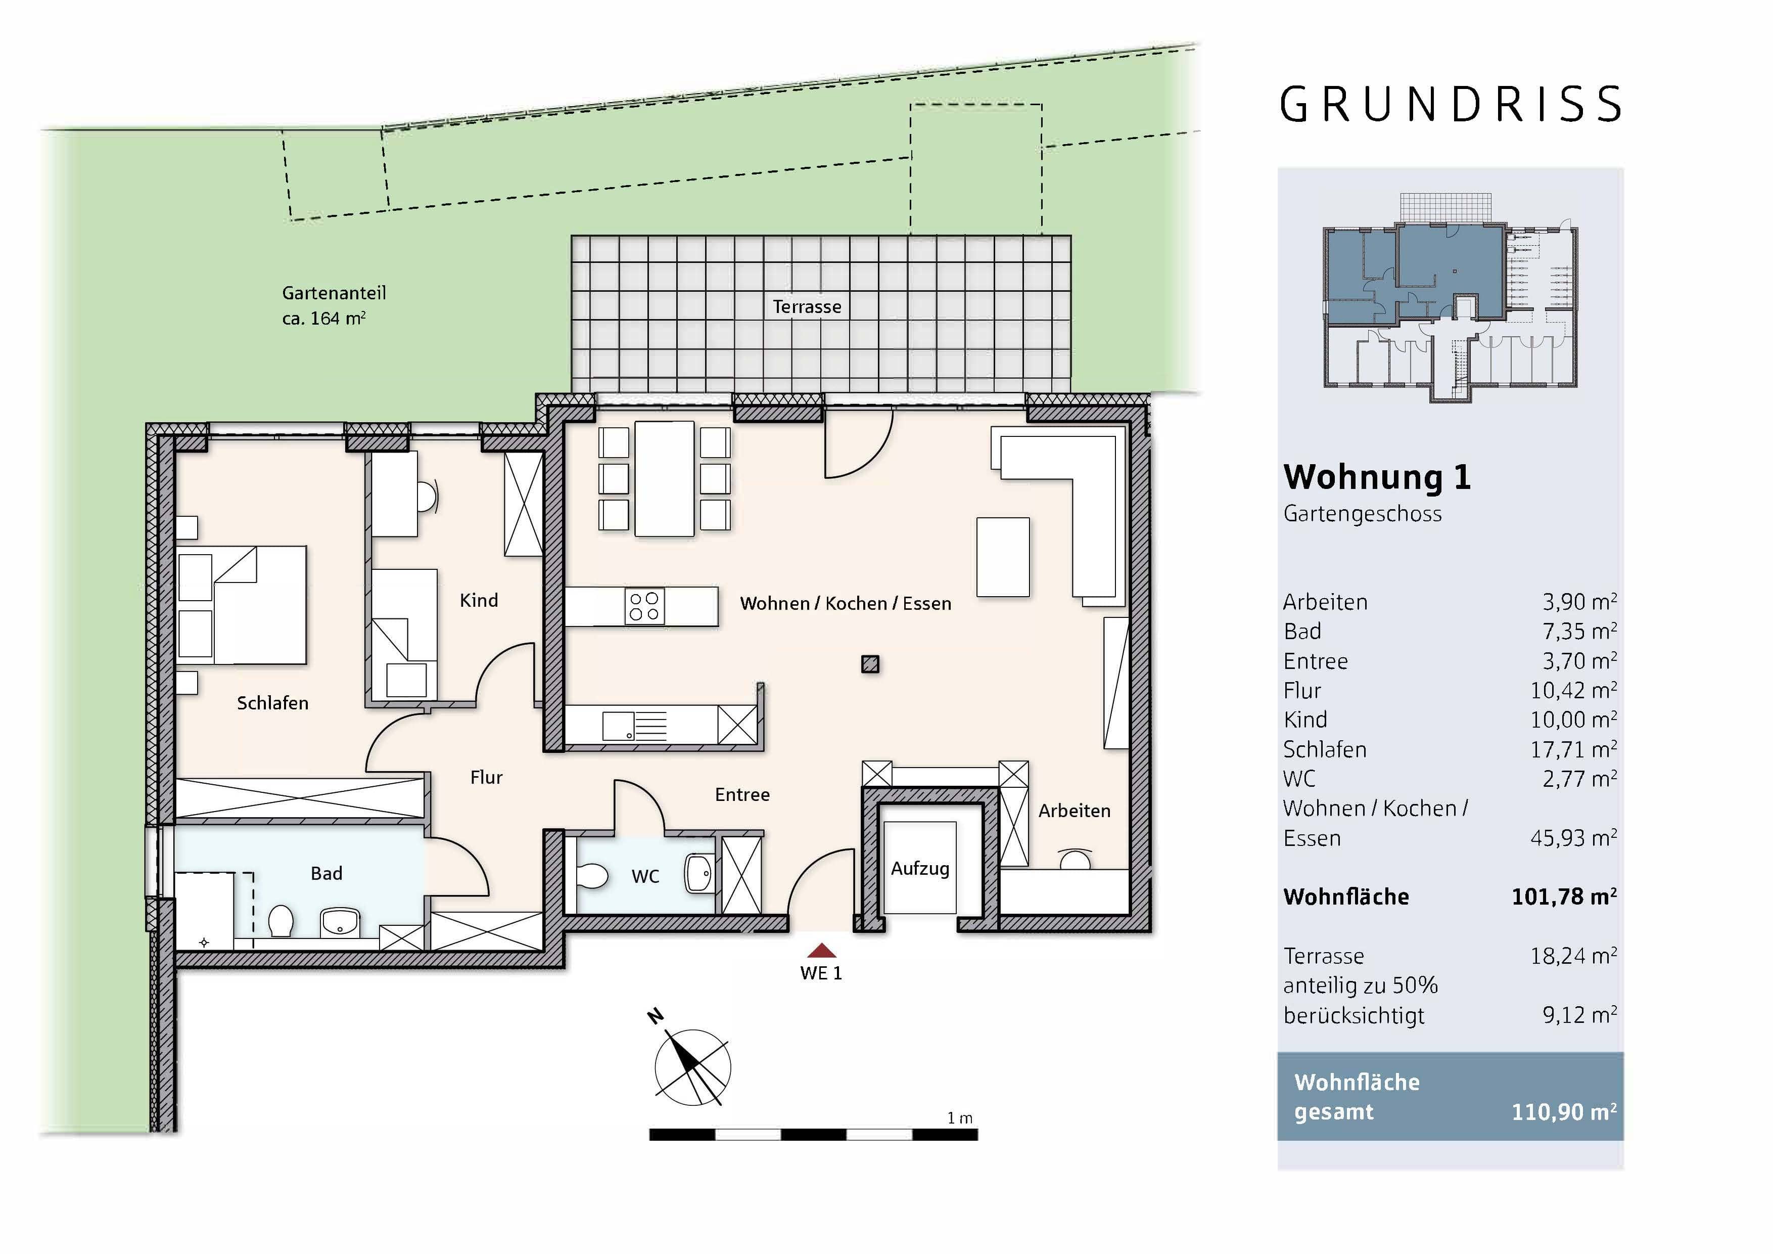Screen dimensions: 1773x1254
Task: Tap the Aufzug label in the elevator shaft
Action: point(920,869)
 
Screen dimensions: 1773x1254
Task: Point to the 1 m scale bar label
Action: point(960,1118)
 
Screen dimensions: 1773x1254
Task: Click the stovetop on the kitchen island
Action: point(644,606)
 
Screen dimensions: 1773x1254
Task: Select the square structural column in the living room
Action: point(870,664)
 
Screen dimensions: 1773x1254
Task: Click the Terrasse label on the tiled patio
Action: point(807,307)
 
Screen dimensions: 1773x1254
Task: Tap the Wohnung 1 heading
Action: point(1377,477)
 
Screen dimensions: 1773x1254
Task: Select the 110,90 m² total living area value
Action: point(1564,1112)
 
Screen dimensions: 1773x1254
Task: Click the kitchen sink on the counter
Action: point(618,726)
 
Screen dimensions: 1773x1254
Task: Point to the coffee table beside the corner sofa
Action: point(1003,557)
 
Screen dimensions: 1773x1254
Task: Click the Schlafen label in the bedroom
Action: point(272,703)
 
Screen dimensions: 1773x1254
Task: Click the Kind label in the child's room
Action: point(479,600)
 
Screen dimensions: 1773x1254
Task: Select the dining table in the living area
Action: point(664,478)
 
